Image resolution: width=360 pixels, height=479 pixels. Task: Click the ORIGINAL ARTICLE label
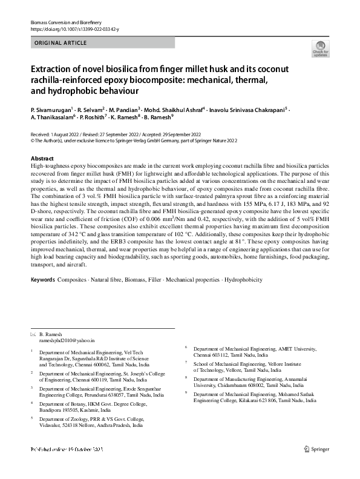(x=61, y=42)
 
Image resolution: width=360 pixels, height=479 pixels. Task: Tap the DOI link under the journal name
(x=74, y=29)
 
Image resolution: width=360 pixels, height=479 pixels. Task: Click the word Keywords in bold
(x=42, y=280)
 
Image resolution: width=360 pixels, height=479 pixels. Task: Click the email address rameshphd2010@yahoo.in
(x=67, y=342)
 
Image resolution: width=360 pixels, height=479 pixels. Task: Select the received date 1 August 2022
(x=64, y=133)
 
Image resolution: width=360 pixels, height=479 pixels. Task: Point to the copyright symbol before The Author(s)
(x=32, y=139)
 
